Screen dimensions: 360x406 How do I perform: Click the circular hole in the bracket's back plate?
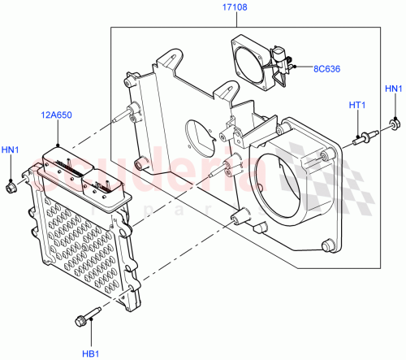(x=198, y=136)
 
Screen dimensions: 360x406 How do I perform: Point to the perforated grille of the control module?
(x=80, y=244)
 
